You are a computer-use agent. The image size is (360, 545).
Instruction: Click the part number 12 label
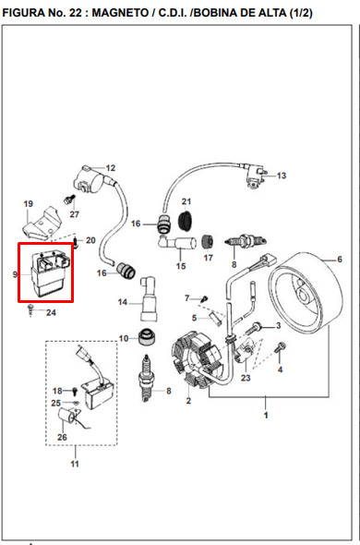tap(111, 168)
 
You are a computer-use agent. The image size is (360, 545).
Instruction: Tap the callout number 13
tap(282, 176)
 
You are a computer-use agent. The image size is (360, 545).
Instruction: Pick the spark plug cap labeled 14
tap(149, 299)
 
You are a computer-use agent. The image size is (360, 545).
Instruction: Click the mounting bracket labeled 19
tap(41, 224)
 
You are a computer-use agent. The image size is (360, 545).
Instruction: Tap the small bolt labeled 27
tap(68, 200)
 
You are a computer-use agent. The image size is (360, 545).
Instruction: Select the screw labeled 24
tap(31, 309)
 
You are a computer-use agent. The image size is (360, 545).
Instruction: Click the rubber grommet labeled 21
tap(186, 220)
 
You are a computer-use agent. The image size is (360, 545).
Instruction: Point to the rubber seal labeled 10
tap(147, 337)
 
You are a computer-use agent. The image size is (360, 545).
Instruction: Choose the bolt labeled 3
tap(255, 328)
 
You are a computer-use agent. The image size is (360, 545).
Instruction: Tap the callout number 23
tap(246, 378)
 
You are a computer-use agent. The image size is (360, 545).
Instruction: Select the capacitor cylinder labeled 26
tap(66, 416)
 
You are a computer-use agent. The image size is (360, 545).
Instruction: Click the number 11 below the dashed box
tap(75, 464)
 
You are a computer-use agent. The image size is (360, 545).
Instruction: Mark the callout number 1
tap(266, 415)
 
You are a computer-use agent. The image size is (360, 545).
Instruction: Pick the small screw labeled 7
tap(205, 298)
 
